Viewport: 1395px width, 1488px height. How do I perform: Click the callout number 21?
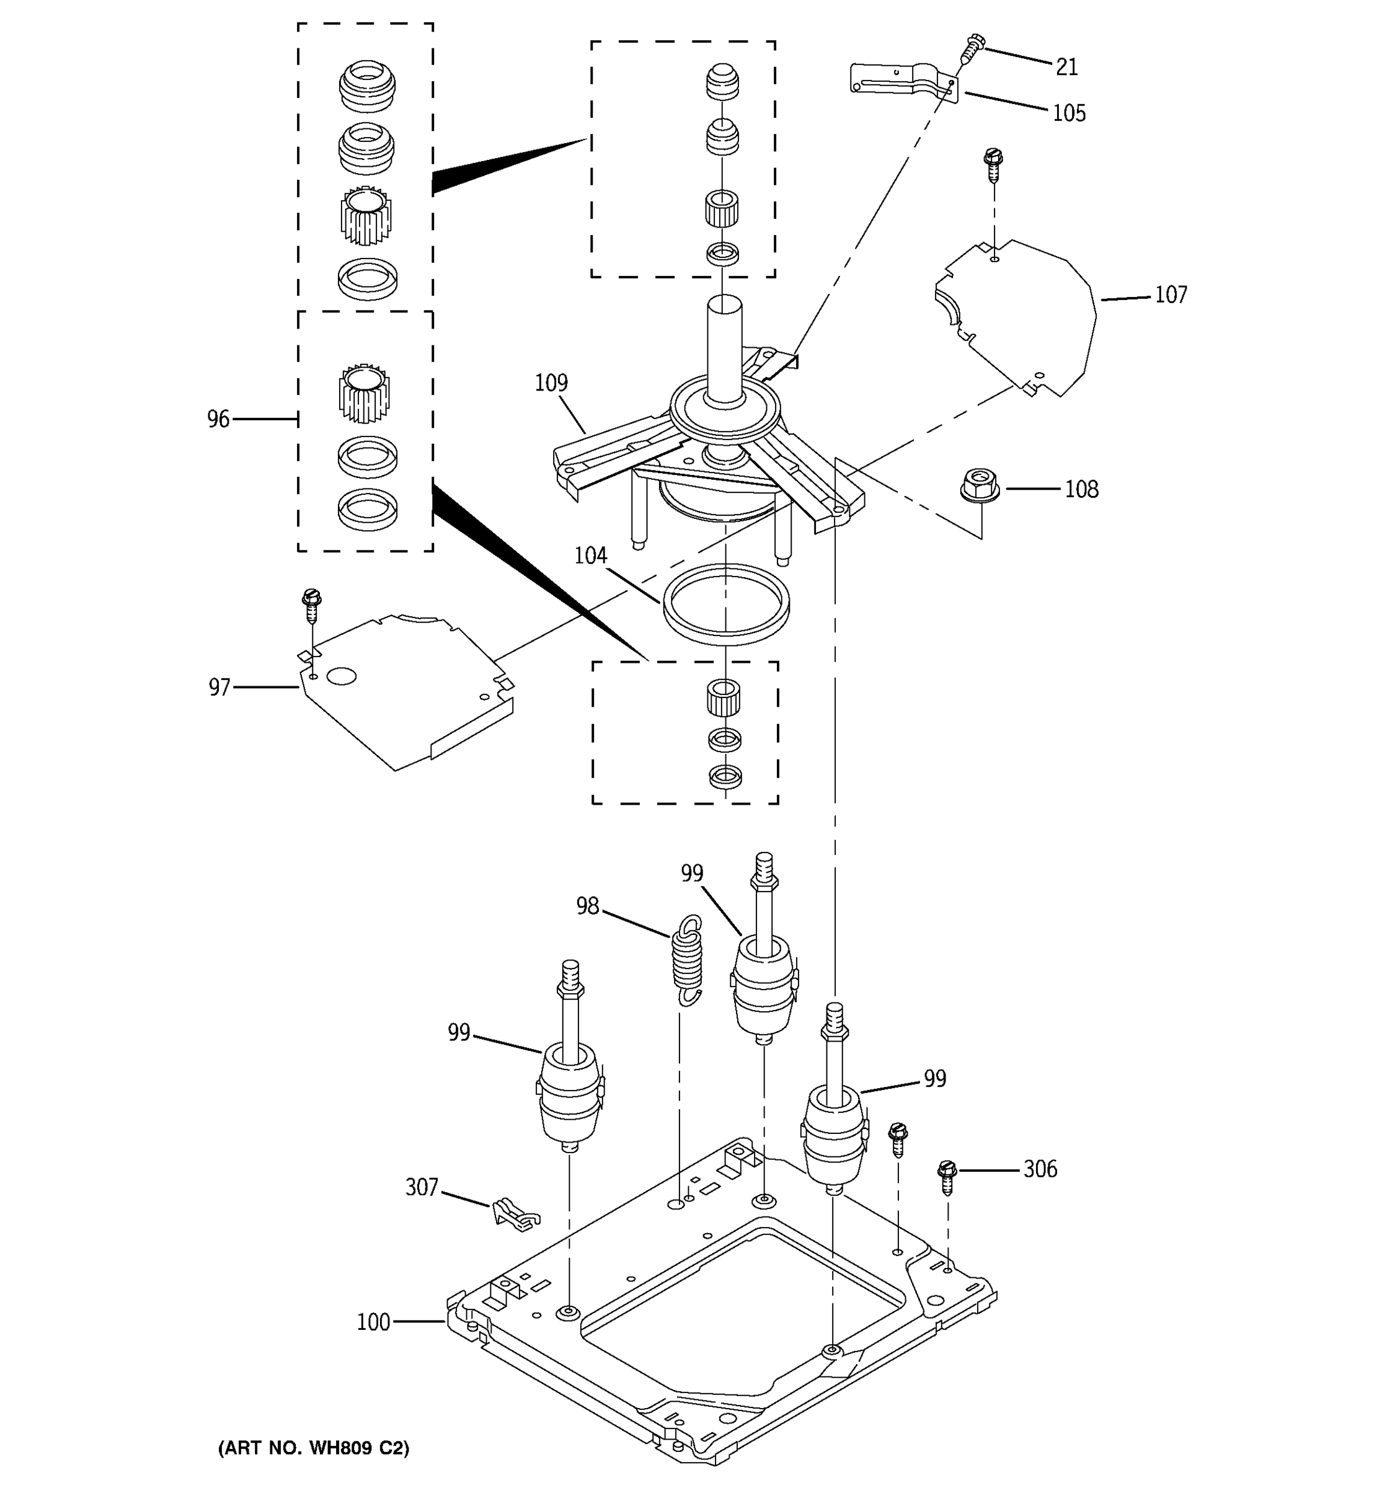1066,68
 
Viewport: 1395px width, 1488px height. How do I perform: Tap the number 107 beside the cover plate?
1171,295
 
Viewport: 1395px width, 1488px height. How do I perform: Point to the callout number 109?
551,383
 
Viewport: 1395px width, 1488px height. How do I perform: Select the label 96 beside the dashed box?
218,419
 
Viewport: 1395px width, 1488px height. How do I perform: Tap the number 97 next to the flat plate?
219,688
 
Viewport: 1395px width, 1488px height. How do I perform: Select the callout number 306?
1040,1169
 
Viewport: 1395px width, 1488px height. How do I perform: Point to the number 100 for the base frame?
373,1322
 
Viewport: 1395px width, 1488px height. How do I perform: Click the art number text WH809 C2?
314,1448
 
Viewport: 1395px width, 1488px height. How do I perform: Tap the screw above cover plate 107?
993,166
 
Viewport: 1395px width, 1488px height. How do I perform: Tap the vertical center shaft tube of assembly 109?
724,348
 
